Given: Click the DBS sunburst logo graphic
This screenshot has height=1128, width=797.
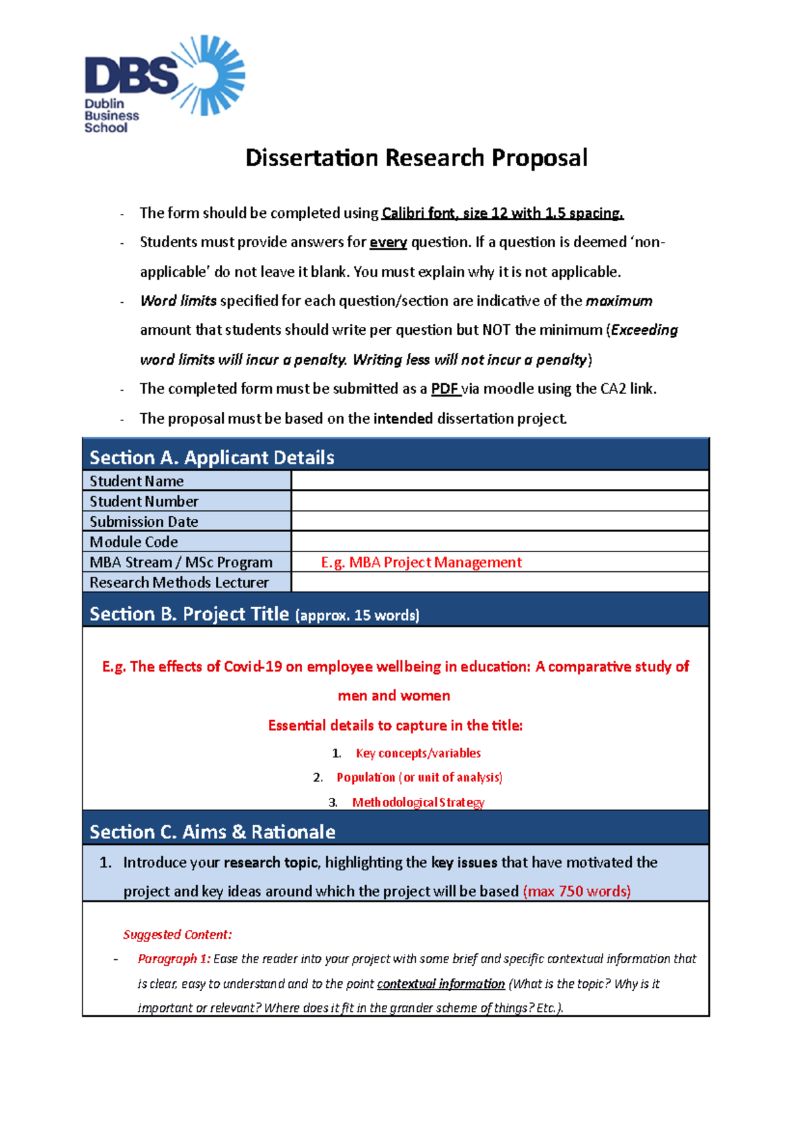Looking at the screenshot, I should pos(211,74).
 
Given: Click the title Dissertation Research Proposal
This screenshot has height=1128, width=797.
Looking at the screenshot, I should pos(416,158).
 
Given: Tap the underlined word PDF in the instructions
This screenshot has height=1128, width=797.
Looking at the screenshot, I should pos(445,389).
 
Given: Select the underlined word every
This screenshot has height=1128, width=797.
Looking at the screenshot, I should pos(388,242).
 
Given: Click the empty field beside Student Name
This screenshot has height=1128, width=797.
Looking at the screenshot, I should pos(499,480).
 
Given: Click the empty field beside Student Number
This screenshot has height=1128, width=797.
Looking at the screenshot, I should pos(499,501).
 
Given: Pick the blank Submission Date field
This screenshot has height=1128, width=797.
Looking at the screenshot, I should pos(499,521).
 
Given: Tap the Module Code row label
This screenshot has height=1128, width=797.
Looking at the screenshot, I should pos(133,542).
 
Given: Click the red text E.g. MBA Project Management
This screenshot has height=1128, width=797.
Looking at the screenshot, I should pos(421,563).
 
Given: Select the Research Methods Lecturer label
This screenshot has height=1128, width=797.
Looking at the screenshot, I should pos(179,583).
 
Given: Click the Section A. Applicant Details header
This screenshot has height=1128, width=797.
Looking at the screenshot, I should pos(212,458).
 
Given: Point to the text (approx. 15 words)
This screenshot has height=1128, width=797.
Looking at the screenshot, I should pos(357,616).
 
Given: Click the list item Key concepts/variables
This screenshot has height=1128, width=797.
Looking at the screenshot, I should pos(418,753).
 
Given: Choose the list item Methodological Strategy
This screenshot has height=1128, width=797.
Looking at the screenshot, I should pos(418,802).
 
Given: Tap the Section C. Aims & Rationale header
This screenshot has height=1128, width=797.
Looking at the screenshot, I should pos(212,832).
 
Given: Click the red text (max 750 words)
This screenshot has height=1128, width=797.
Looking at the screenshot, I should pos(576,892).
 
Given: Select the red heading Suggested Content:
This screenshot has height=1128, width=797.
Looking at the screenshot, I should pos(177,935).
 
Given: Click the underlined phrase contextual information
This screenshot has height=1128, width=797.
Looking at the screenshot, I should pos(440,984).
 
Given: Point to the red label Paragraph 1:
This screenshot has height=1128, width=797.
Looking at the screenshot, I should pos(174,959).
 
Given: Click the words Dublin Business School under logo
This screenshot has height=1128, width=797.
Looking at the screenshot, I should pos(111,116).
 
